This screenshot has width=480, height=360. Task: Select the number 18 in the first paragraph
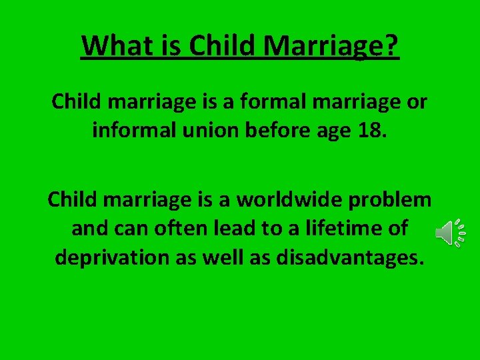pos(373,129)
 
